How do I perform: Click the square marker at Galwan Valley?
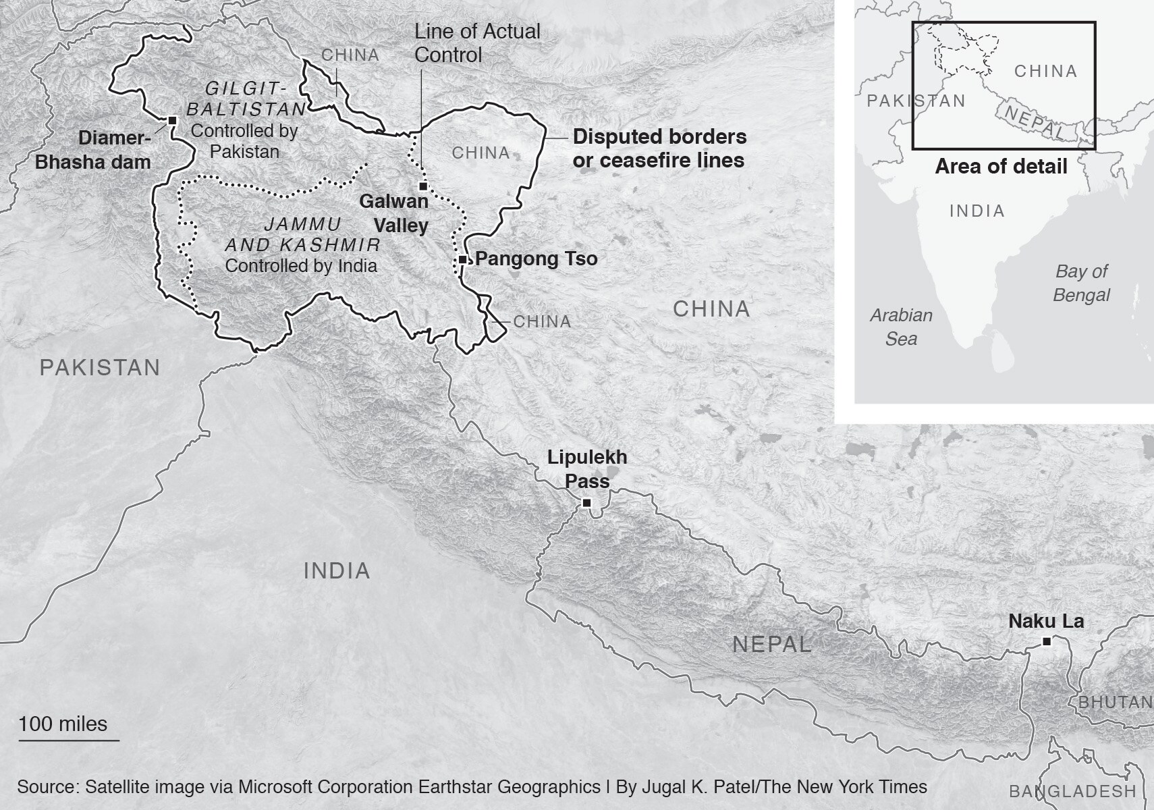point(423,186)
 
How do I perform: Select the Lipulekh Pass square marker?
point(586,503)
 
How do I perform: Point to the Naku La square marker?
point(1047,641)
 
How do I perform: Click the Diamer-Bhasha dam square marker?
point(172,120)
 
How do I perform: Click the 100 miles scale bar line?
point(69,740)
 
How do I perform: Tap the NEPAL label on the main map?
point(772,644)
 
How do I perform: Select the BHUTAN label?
point(1115,702)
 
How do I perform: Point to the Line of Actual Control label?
point(477,43)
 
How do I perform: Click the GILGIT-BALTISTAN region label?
point(246,99)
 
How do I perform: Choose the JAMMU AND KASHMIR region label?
point(302,234)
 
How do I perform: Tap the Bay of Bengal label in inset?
point(1081,283)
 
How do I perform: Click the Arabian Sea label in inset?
point(901,327)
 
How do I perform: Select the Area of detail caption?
point(1001,167)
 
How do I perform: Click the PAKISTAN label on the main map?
point(100,368)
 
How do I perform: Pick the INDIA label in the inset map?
point(977,211)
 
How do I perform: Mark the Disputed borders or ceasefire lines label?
point(659,148)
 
